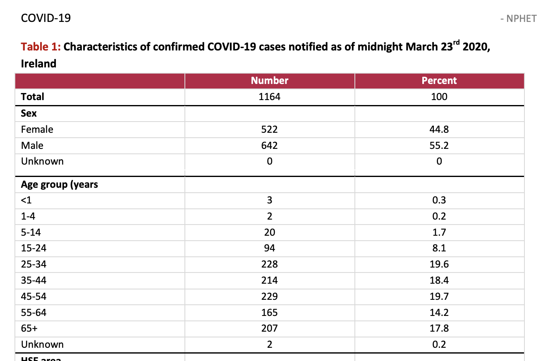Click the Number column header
click(270, 81)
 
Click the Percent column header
click(439, 81)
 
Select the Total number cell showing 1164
click(270, 97)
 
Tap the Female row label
click(37, 129)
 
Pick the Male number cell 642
click(270, 146)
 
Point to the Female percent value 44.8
click(439, 129)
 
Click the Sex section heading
click(29, 113)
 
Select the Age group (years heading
click(59, 184)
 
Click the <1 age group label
click(26, 200)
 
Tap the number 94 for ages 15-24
click(270, 248)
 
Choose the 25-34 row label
click(34, 264)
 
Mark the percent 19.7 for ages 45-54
click(439, 296)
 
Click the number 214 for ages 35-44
click(270, 280)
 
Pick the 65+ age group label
click(29, 328)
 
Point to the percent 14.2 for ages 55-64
click(439, 313)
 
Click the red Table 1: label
click(41, 47)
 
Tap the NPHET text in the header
click(522, 19)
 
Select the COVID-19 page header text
click(46, 18)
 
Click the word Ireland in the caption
click(38, 64)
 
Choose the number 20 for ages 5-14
click(270, 232)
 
